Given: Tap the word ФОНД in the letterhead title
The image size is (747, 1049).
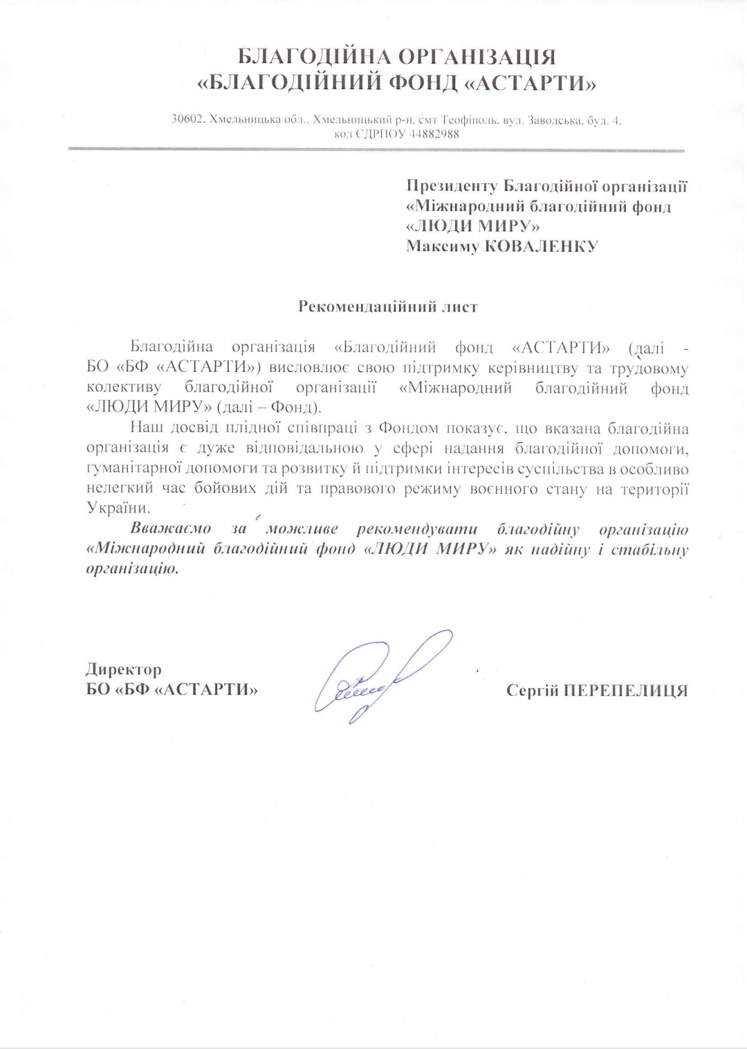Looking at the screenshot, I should (421, 84).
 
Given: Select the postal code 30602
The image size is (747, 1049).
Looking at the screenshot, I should (187, 120).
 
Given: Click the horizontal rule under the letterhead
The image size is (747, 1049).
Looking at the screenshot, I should (376, 149).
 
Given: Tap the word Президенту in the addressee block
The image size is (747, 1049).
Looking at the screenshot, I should (452, 186).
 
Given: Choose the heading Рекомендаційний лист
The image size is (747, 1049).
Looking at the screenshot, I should (387, 306).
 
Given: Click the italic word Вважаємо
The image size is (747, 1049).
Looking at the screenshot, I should (171, 530).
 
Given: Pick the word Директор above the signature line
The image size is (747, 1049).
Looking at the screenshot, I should (124, 669).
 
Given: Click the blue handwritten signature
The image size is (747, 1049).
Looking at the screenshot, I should (380, 674).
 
